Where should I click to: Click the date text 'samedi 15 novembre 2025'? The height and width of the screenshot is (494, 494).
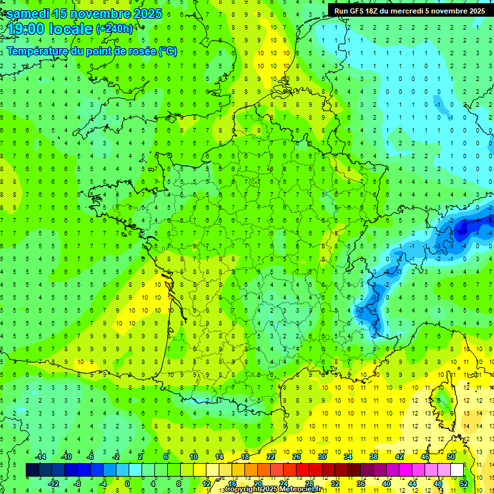click(84, 14)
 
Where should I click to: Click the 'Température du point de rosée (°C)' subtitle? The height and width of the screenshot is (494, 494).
click(92, 51)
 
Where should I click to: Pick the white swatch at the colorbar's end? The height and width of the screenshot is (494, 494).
click(457, 470)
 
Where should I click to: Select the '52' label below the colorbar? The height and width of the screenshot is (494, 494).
click(463, 483)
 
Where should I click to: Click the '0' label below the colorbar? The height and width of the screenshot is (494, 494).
click(127, 483)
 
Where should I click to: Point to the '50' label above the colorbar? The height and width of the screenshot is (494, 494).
click(450, 457)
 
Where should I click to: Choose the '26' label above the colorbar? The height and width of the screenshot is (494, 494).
click(297, 457)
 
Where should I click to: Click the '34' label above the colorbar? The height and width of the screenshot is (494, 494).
click(348, 457)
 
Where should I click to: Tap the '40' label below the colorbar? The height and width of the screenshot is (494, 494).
click(386, 483)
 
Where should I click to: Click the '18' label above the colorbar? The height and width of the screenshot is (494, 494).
click(245, 457)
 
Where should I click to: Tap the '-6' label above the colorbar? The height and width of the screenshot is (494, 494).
click(90, 457)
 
